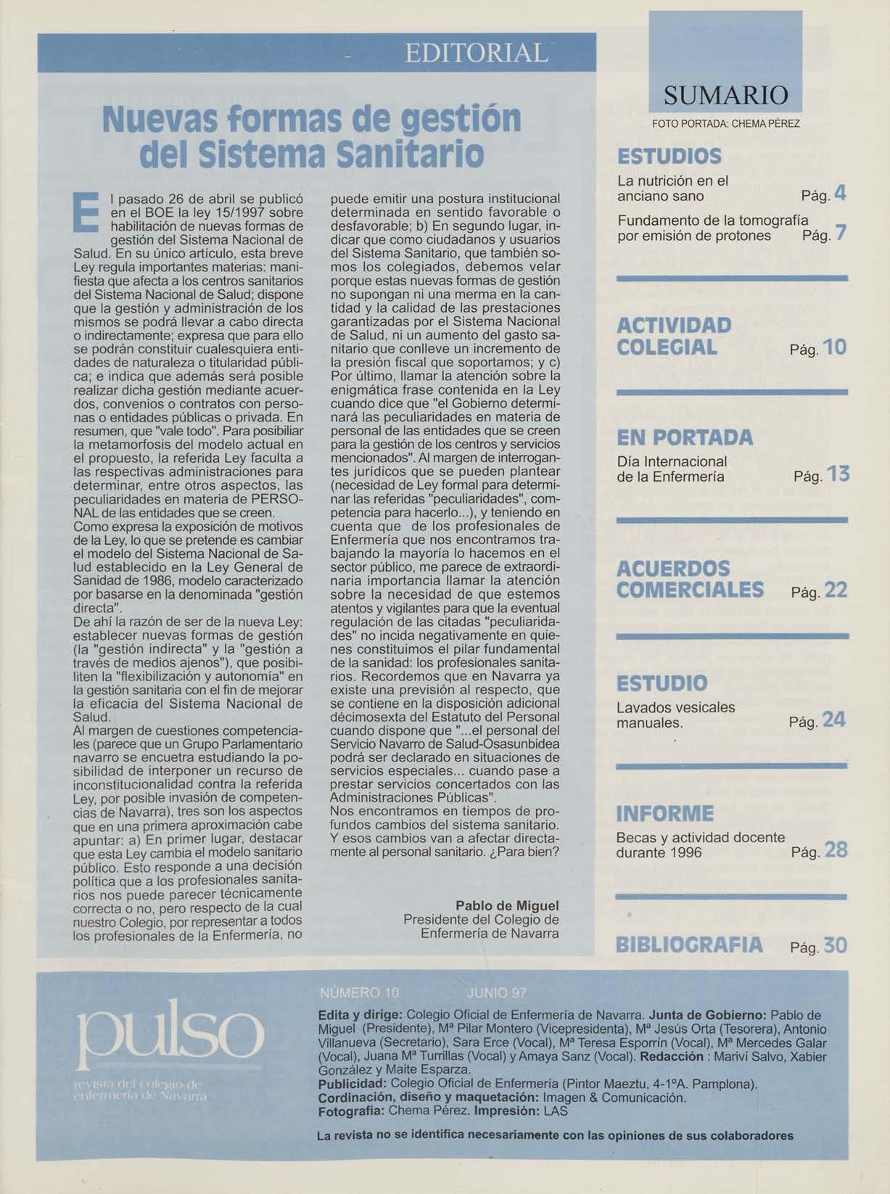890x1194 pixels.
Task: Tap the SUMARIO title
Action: click(x=725, y=95)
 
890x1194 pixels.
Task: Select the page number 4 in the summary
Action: click(x=840, y=194)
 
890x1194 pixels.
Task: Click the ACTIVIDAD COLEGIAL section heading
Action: click(x=674, y=336)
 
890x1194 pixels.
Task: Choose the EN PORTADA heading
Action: click(x=685, y=438)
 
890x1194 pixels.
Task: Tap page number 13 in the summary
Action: click(x=837, y=474)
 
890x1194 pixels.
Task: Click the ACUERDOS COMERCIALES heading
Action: click(x=690, y=578)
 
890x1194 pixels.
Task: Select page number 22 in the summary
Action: click(x=836, y=590)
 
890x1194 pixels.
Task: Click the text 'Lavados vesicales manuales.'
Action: click(x=675, y=715)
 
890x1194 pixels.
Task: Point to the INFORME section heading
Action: click(x=665, y=813)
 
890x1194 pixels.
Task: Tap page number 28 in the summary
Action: click(x=836, y=850)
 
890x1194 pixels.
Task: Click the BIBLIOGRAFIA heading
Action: click(x=689, y=945)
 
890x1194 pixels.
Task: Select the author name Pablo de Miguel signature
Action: click(x=507, y=906)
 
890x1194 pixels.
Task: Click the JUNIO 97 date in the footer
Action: click(x=498, y=993)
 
